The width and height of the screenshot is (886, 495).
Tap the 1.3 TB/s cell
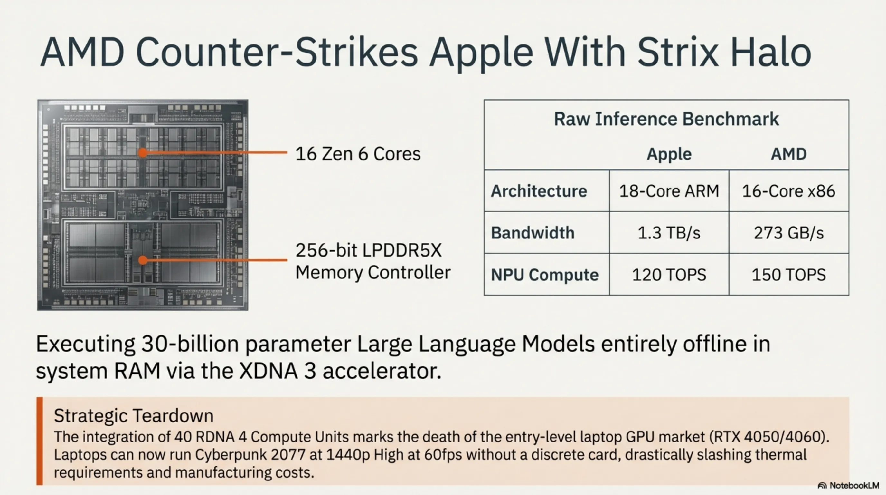669,233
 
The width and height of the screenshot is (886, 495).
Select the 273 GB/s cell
789,233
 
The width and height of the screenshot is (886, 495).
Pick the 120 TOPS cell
669,275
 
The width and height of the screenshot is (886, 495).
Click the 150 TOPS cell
789,275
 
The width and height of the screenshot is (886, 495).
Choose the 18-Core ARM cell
669,191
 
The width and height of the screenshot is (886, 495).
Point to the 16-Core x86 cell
789,191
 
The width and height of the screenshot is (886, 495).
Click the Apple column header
669,154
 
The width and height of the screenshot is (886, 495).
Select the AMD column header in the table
789,154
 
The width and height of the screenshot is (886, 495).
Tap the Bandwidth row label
533,233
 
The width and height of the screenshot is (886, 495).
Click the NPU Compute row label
544,275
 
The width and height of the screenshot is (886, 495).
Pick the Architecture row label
539,191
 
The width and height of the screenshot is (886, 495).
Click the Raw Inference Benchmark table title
666,119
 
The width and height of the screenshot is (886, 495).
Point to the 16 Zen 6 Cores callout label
358,153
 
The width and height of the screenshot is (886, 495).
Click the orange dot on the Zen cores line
143,152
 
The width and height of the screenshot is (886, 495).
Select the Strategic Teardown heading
134,415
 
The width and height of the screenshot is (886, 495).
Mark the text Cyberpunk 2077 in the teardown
250,455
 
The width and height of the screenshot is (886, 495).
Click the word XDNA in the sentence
268,371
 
